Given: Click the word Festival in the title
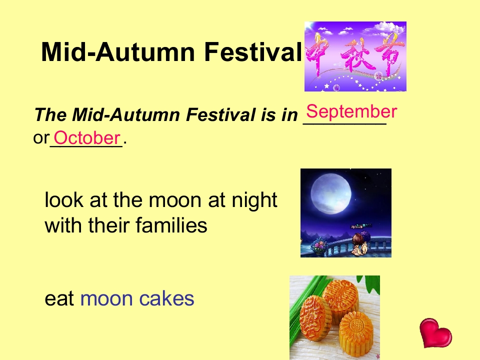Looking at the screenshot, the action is [253, 51].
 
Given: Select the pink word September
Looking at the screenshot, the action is [351, 111].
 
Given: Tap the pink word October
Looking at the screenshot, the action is [87, 138].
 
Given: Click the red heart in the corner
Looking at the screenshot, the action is [435, 333].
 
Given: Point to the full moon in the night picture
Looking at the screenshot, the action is [331, 193].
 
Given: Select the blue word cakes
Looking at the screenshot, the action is [166, 298].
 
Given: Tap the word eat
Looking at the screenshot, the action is [59, 298].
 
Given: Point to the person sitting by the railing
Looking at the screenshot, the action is [359, 243].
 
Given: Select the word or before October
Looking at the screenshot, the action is [41, 138].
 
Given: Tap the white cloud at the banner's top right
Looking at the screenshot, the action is [386, 28].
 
